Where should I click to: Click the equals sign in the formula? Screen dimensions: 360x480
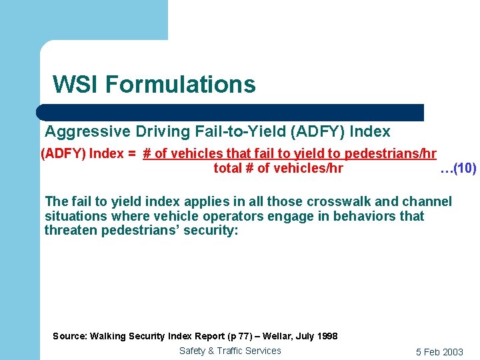click(x=133, y=154)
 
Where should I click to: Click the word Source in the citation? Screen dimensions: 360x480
click(x=69, y=336)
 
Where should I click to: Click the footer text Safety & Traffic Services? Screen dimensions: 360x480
click(x=230, y=351)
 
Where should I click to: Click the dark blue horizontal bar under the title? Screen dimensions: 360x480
click(x=230, y=112)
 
